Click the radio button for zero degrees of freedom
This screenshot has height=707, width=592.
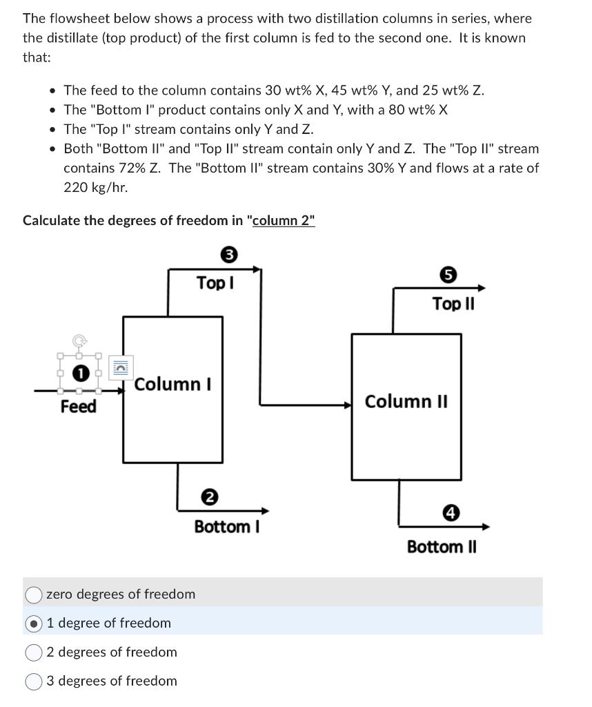click(34, 594)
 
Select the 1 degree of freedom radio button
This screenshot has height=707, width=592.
click(34, 623)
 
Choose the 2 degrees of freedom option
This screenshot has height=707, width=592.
click(34, 652)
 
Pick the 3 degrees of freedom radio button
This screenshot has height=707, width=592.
click(34, 681)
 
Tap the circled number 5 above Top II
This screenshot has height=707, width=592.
click(448, 275)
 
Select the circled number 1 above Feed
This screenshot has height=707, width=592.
click(81, 374)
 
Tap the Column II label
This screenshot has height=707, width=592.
click(406, 401)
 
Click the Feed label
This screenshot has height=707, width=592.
click(78, 407)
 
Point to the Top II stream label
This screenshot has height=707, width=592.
click(453, 304)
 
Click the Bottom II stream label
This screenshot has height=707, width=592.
click(442, 547)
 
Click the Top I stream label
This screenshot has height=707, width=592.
click(215, 283)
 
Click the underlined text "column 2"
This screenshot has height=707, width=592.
click(284, 221)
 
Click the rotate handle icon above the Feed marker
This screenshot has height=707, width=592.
click(80, 340)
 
